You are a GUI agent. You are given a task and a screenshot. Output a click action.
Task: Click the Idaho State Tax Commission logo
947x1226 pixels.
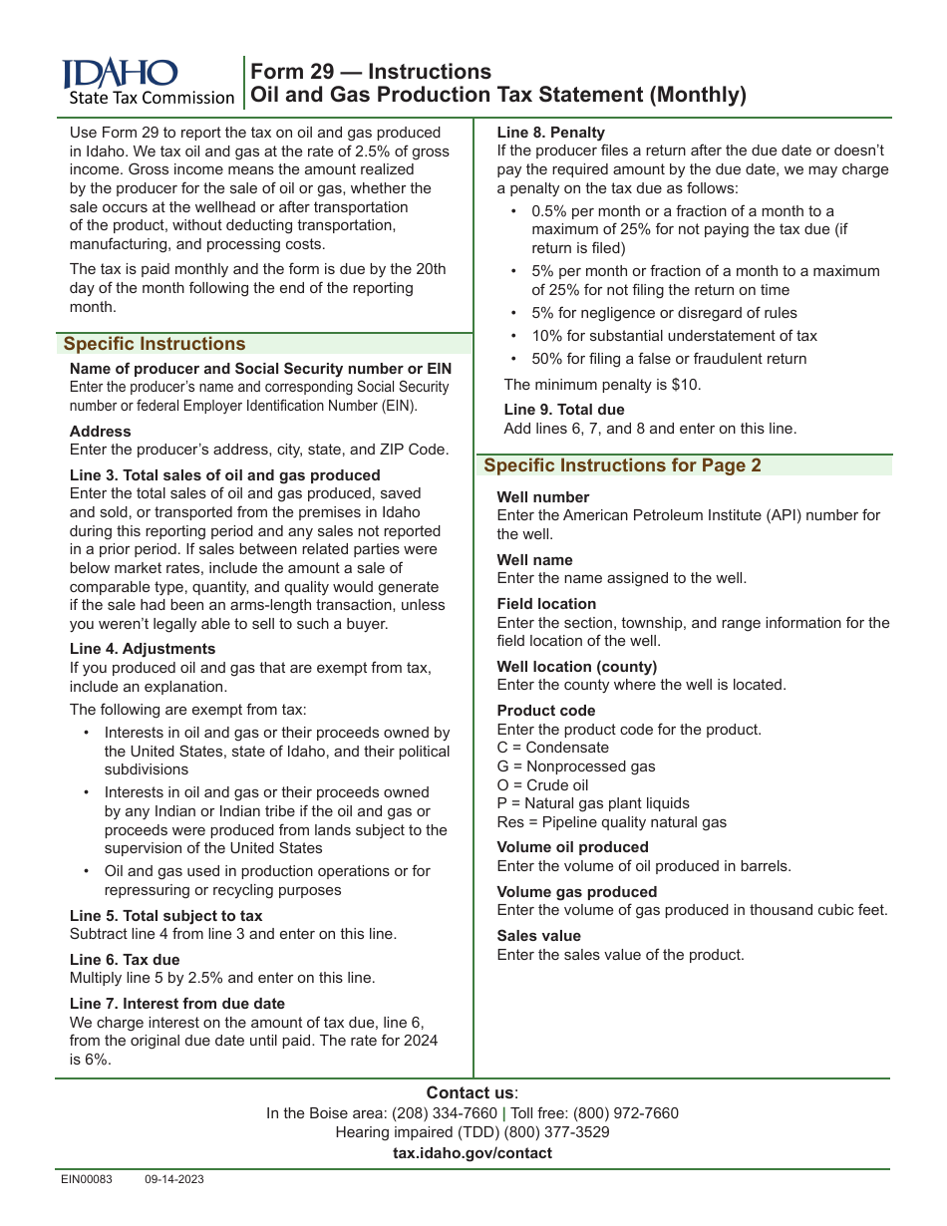[x=148, y=82]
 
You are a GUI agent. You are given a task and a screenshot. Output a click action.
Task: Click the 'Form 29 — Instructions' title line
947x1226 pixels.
[x=370, y=72]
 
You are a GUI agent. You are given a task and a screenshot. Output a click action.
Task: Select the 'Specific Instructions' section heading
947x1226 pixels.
[x=155, y=344]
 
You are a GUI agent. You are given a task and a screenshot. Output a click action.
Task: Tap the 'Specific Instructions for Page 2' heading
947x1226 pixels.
[x=622, y=465]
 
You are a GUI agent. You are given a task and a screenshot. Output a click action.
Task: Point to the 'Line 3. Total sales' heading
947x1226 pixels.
[x=225, y=475]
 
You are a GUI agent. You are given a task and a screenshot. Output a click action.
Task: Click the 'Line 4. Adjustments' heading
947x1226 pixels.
[x=143, y=649]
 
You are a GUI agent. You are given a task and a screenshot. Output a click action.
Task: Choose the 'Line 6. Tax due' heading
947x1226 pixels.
[x=125, y=960]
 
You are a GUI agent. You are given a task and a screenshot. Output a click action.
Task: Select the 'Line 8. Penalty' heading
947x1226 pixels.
[x=550, y=133]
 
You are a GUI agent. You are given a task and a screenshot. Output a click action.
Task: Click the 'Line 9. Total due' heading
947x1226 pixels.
[x=564, y=410]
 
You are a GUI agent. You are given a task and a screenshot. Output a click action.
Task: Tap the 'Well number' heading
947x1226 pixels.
[x=543, y=497]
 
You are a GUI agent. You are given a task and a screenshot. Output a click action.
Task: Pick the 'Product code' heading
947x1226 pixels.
[x=546, y=711]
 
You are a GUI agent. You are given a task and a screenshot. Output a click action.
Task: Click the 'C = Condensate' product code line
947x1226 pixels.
[x=553, y=748]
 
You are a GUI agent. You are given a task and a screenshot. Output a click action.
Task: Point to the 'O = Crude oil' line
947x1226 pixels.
[x=543, y=785]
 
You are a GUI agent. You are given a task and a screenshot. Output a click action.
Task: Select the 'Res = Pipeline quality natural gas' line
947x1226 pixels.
[x=612, y=822]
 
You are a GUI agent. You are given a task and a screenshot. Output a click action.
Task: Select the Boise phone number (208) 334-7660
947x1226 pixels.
[x=445, y=1113]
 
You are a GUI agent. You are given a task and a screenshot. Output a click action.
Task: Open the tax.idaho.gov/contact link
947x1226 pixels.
[x=473, y=1153]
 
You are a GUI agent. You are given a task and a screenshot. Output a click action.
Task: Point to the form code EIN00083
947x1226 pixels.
[x=87, y=1179]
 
